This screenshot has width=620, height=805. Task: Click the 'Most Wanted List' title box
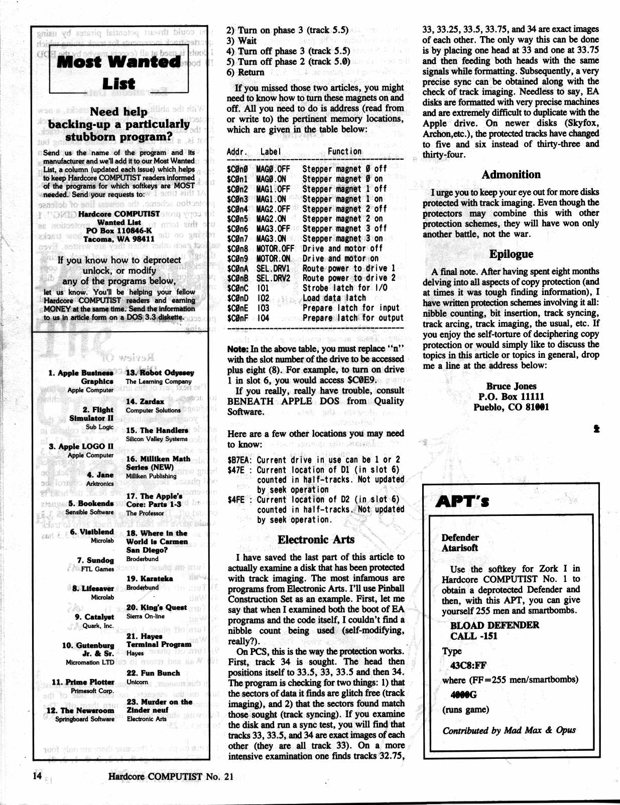coord(119,72)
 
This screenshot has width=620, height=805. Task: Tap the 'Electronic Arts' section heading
coord(316,540)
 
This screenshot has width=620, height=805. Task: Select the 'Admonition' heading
coord(511,175)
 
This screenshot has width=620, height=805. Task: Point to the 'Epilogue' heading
coord(511,254)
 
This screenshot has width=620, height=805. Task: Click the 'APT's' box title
coord(462,501)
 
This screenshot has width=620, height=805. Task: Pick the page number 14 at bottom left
coord(37,775)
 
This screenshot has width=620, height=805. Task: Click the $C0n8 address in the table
coord(237,248)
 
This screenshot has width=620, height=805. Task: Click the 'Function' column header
coord(344,152)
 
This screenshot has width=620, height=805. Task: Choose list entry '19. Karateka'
coord(150,578)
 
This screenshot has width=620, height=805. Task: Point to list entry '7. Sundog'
coord(95,560)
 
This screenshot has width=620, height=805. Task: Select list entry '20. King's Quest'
coord(156,607)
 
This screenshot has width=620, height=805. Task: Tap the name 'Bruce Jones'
coord(511,386)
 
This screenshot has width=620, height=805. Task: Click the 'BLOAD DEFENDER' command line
coord(494,625)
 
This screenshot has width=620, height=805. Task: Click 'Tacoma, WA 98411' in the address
coord(118,239)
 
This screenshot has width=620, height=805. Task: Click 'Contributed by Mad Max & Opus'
coord(509,730)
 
